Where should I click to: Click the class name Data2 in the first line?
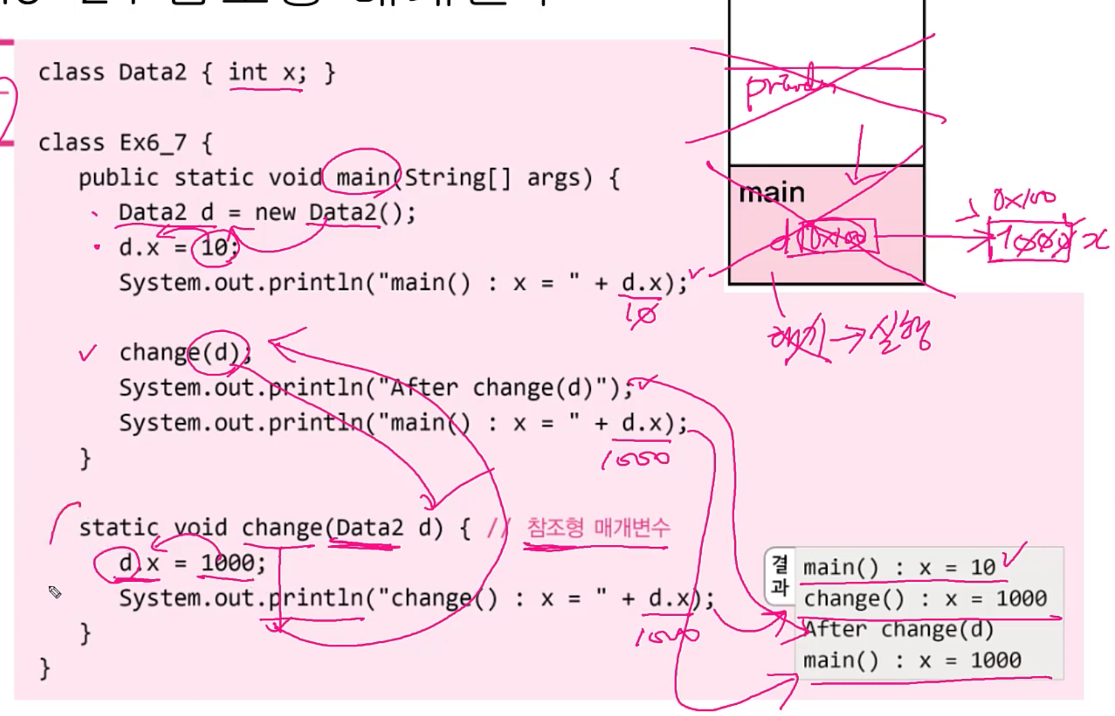click(152, 73)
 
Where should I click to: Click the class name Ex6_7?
click(153, 143)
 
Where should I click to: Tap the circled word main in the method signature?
click(363, 178)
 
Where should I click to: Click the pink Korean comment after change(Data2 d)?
click(598, 528)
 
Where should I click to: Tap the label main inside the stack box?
click(772, 193)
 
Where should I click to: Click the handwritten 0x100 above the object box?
click(1024, 199)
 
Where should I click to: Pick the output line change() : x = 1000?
click(925, 599)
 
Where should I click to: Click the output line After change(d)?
click(899, 630)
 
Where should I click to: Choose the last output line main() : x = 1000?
click(912, 661)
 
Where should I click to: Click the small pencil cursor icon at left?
click(55, 592)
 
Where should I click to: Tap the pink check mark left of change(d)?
click(88, 353)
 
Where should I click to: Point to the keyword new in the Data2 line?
click(275, 213)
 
